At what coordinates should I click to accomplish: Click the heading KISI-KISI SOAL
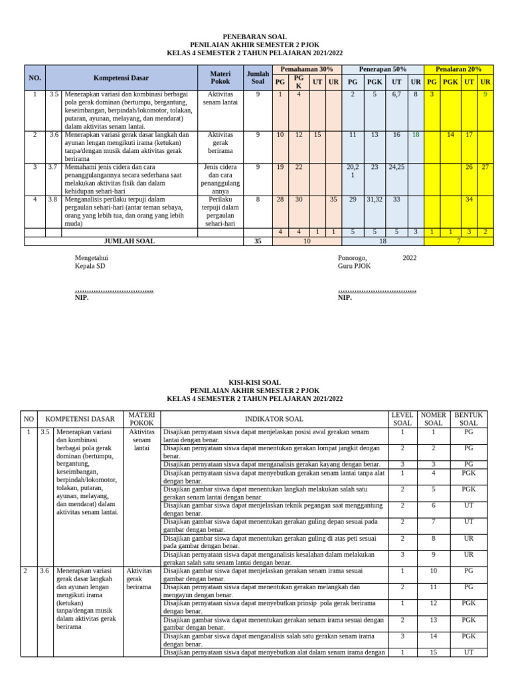255,382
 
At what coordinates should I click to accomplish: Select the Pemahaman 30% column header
306,69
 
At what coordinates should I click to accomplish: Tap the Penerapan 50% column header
382,69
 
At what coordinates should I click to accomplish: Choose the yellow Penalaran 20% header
458,69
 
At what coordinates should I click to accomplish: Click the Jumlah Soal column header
258,77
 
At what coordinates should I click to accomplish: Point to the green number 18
415,134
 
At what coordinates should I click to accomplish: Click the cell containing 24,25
396,166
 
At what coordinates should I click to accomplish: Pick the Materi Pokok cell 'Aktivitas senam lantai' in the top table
220,98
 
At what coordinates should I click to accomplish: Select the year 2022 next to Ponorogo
410,257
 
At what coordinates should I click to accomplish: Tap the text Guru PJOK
355,266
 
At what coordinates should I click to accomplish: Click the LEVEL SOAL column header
402,419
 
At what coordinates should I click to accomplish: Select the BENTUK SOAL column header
469,419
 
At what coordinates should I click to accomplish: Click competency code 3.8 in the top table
54,199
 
